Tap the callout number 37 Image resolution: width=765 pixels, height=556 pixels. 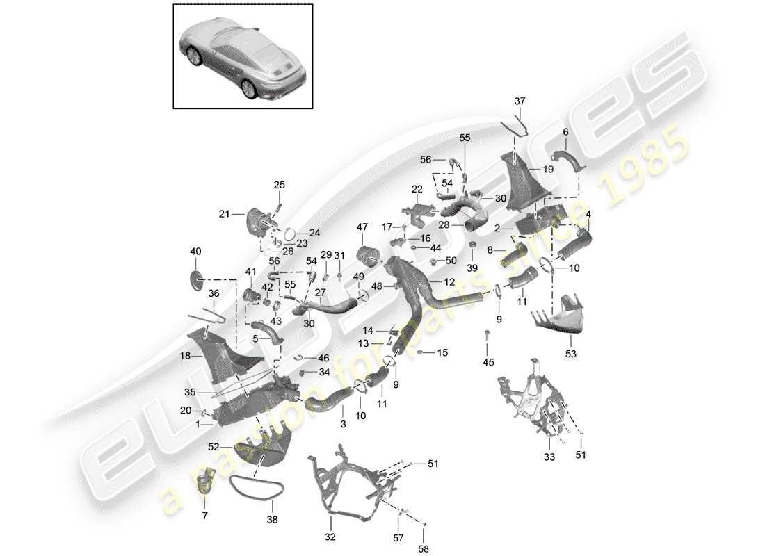click(520, 101)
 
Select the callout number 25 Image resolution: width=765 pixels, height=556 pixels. click(279, 185)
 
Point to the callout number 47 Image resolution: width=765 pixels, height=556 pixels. click(362, 227)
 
